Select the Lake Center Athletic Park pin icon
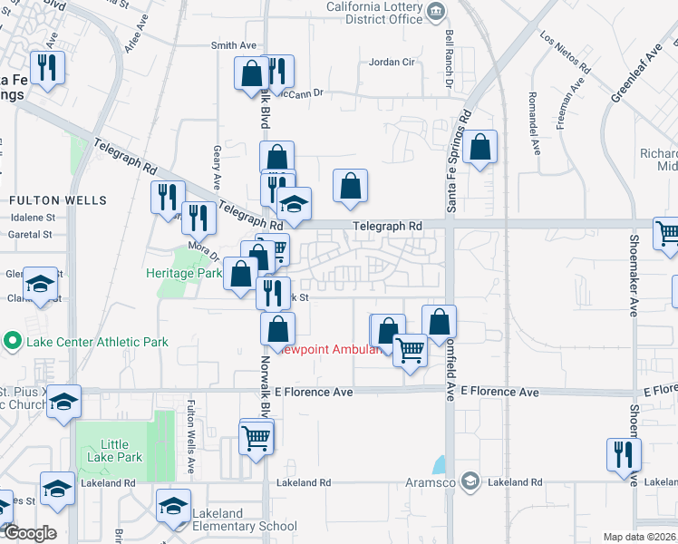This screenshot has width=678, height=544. pos(12,342)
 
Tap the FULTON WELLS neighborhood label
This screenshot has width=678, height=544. pos(58,200)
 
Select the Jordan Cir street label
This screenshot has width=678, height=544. pos(392,63)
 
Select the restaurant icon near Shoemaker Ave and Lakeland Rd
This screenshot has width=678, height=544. pos(624,454)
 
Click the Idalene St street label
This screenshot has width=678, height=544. pos(33,218)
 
